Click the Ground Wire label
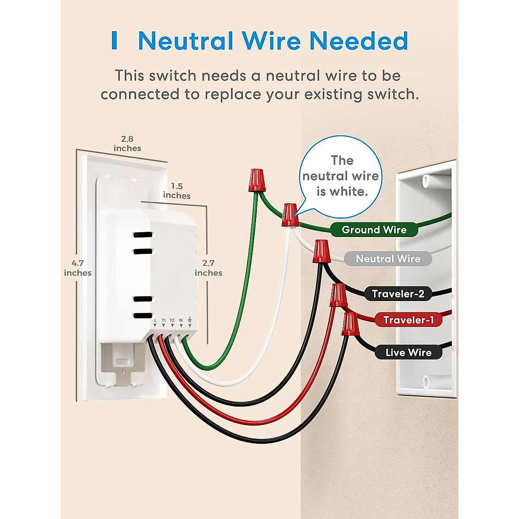coord(374,230)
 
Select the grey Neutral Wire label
coord(388,259)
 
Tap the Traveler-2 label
coord(398,294)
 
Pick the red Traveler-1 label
coord(408,320)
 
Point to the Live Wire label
coord(408,352)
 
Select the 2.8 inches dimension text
coord(127,144)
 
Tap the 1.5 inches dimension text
coord(176,191)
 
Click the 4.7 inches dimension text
coord(78,268)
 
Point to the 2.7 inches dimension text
coord(208,268)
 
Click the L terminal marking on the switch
coord(155,320)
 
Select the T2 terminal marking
coord(172,320)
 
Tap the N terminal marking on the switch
coord(181,320)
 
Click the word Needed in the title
coord(359,41)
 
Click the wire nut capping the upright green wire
coord(256,180)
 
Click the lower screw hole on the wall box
coord(426,381)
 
